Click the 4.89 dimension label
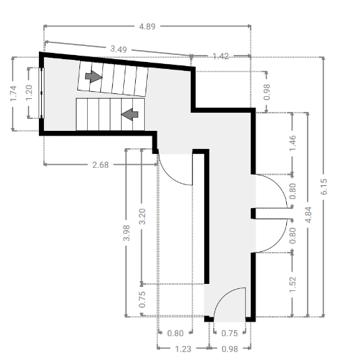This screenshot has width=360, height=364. [x=147, y=26]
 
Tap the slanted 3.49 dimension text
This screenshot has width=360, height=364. [x=118, y=49]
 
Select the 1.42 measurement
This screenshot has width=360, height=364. [x=221, y=56]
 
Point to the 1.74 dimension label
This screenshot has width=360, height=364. [x=13, y=93]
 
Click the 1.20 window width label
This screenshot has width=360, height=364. [x=29, y=93]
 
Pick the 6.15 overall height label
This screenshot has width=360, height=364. [x=324, y=187]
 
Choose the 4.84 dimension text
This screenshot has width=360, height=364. [x=308, y=214]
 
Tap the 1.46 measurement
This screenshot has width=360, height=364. [x=292, y=143]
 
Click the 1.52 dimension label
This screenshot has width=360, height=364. [x=292, y=284]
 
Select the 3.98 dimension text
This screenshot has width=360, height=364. [x=127, y=233]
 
